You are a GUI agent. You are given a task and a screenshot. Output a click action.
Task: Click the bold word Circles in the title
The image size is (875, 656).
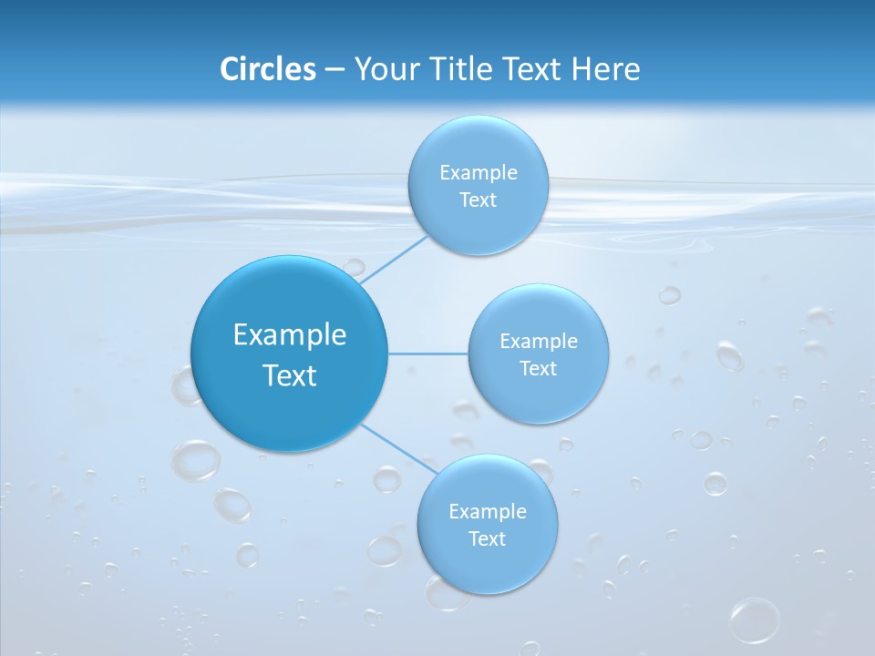point(268,69)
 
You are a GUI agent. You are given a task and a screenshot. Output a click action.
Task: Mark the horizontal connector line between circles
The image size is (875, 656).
point(427,354)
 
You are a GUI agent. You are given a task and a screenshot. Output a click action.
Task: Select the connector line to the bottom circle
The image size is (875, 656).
point(399,447)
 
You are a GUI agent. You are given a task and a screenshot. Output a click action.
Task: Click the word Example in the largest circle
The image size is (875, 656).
point(289,335)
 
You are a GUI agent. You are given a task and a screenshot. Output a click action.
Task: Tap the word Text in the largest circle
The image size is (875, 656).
point(289,375)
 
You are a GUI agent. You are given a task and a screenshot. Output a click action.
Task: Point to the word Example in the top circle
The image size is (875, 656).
point(478,173)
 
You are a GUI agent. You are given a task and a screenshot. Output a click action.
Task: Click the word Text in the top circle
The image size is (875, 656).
point(478,200)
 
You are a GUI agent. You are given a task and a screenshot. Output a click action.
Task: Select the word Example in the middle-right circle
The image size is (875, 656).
point(539,342)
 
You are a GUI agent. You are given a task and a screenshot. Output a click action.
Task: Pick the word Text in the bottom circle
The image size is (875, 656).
point(488,539)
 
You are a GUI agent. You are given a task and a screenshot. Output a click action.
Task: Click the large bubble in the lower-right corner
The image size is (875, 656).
point(754,620)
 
